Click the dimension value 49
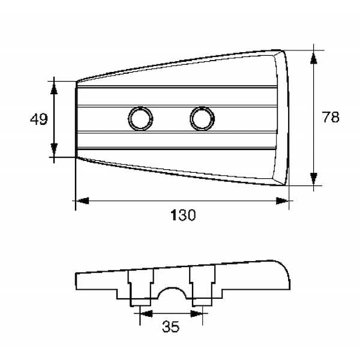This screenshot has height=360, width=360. pyautogui.click(x=39, y=119)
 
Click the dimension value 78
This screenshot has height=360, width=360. pyautogui.click(x=331, y=117)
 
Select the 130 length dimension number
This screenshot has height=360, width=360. pyautogui.click(x=183, y=215)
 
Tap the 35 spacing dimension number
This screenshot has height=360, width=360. pyautogui.click(x=171, y=327)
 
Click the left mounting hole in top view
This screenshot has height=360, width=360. pyautogui.click(x=140, y=119)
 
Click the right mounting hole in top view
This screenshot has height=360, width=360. pyautogui.click(x=202, y=119)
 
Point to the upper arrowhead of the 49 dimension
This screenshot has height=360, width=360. pyautogui.click(x=54, y=88)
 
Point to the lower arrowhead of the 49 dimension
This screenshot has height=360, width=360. pyautogui.click(x=54, y=151)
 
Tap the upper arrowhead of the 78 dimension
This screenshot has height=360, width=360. pyautogui.click(x=314, y=57)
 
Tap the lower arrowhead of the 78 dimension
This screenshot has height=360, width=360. pyautogui.click(x=314, y=179)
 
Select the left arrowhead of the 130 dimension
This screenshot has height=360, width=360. pyautogui.click(x=82, y=201)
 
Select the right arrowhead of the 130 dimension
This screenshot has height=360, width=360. pyautogui.click(x=282, y=201)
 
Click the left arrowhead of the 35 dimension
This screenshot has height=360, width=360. pyautogui.click(x=146, y=313)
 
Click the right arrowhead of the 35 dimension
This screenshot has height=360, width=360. pyautogui.click(x=197, y=313)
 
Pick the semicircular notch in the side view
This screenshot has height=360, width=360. pyautogui.click(x=172, y=293)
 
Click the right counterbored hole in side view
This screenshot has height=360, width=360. pyautogui.click(x=202, y=286)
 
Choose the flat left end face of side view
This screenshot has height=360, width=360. pyautogui.click(x=76, y=281)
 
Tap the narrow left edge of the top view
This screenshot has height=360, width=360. pyautogui.click(x=76, y=119)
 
